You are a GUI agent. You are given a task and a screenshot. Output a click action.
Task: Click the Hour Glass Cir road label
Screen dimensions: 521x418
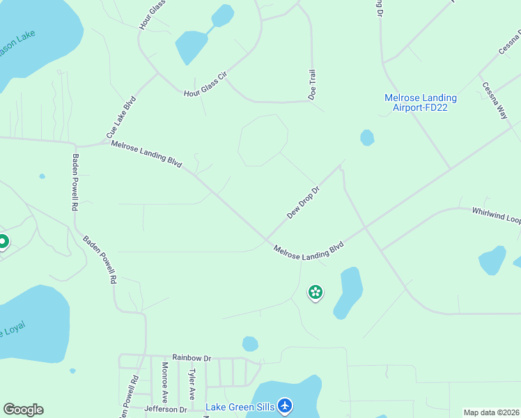pos(205,84)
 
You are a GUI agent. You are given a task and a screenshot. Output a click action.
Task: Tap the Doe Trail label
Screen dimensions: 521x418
pos(313,84)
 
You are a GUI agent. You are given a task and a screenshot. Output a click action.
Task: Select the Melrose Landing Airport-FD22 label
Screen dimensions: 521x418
pos(421,102)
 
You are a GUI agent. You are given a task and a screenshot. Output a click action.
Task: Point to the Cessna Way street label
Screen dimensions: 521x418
pos(495,101)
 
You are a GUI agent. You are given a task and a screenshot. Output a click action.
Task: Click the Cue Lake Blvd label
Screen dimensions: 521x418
pos(120,116)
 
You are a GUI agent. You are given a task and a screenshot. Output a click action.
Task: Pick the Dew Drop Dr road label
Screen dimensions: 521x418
pos(303,202)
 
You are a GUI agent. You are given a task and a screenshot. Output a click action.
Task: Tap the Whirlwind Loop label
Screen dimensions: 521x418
pos(496,214)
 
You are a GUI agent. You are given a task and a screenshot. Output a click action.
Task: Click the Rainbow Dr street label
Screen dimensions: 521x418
pos(192,356)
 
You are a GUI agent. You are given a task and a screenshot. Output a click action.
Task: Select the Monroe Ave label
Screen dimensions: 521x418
pos(165,382)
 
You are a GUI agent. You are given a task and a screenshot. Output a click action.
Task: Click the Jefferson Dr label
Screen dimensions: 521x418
pos(166,410)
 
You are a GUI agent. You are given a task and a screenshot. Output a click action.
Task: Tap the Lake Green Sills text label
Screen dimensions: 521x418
pos(239,406)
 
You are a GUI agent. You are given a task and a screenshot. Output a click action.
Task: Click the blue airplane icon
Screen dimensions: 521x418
pos(284,405)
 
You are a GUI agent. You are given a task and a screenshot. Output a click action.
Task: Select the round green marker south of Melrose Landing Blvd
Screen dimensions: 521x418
pos(316,293)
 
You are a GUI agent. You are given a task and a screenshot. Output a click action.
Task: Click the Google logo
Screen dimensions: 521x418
pos(23,410)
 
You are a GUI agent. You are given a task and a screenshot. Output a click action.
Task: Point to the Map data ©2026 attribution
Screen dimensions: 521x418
pos(492,412)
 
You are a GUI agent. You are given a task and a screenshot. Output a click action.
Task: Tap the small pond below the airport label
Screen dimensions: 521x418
pos(367,138)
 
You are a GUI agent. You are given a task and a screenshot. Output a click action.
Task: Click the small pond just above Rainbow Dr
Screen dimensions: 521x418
pos(250,343)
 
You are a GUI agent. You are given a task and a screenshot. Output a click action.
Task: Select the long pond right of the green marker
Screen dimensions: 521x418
pos(348,291)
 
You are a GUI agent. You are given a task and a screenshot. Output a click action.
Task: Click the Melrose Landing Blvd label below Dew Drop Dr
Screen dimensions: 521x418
pos(309,252)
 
